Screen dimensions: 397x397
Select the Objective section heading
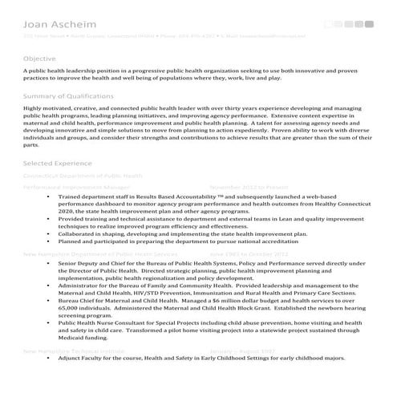[x=39, y=59]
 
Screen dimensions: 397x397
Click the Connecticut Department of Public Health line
[x=83, y=175]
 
